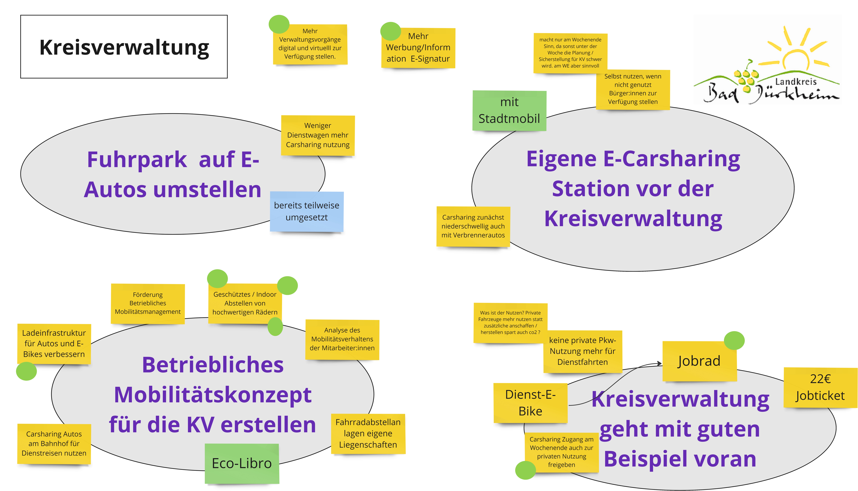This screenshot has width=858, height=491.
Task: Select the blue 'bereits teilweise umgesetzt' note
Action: click(x=306, y=211)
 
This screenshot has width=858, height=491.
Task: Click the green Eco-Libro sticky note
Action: click(x=242, y=463)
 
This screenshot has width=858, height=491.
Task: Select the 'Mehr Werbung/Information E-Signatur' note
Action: click(x=418, y=48)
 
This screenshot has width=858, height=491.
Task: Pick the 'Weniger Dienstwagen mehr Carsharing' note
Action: click(x=318, y=135)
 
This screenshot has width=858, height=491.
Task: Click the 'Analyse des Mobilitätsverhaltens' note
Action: click(x=342, y=339)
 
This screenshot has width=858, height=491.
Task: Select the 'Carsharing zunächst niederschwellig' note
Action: click(x=473, y=226)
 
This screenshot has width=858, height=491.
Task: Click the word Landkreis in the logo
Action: click(x=796, y=82)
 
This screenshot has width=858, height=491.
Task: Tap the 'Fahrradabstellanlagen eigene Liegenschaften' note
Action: click(x=368, y=434)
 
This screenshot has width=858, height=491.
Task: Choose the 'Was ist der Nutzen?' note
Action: click(x=510, y=323)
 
